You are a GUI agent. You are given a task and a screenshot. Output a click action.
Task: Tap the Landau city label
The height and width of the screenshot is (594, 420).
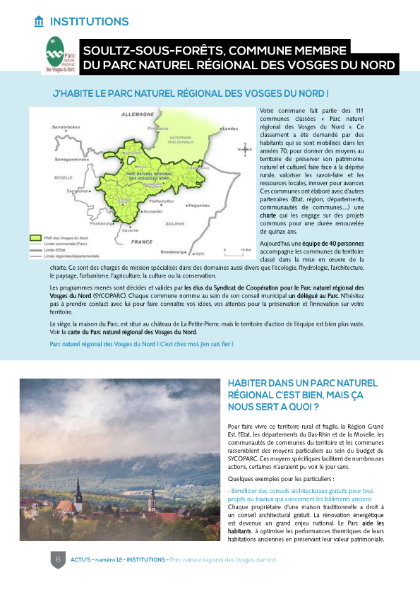(229, 129)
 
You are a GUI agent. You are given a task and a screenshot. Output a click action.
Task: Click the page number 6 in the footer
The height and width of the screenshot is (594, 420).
(56, 559)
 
